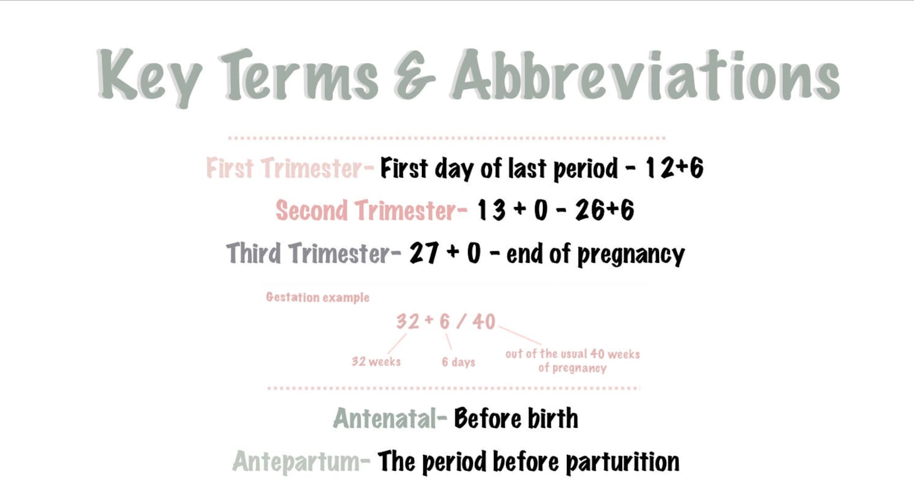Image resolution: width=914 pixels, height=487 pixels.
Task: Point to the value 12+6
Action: (x=674, y=168)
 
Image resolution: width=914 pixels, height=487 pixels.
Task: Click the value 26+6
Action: (x=604, y=210)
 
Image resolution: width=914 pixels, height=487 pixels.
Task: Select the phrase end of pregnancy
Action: (x=595, y=254)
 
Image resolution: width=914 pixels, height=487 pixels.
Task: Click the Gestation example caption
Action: (x=317, y=297)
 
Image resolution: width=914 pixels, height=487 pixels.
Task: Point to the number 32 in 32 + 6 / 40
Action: (x=408, y=321)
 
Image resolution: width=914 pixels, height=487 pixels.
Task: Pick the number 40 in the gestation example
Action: (x=483, y=321)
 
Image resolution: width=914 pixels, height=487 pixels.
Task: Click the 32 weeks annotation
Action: (x=376, y=362)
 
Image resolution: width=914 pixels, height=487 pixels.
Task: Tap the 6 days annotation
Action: (x=458, y=362)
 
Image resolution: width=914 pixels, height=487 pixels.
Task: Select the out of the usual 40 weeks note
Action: (x=572, y=361)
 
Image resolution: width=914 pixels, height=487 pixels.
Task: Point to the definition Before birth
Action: (x=516, y=419)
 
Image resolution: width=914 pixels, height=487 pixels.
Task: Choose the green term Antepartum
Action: (x=296, y=462)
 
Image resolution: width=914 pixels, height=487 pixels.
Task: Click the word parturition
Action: (x=622, y=462)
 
